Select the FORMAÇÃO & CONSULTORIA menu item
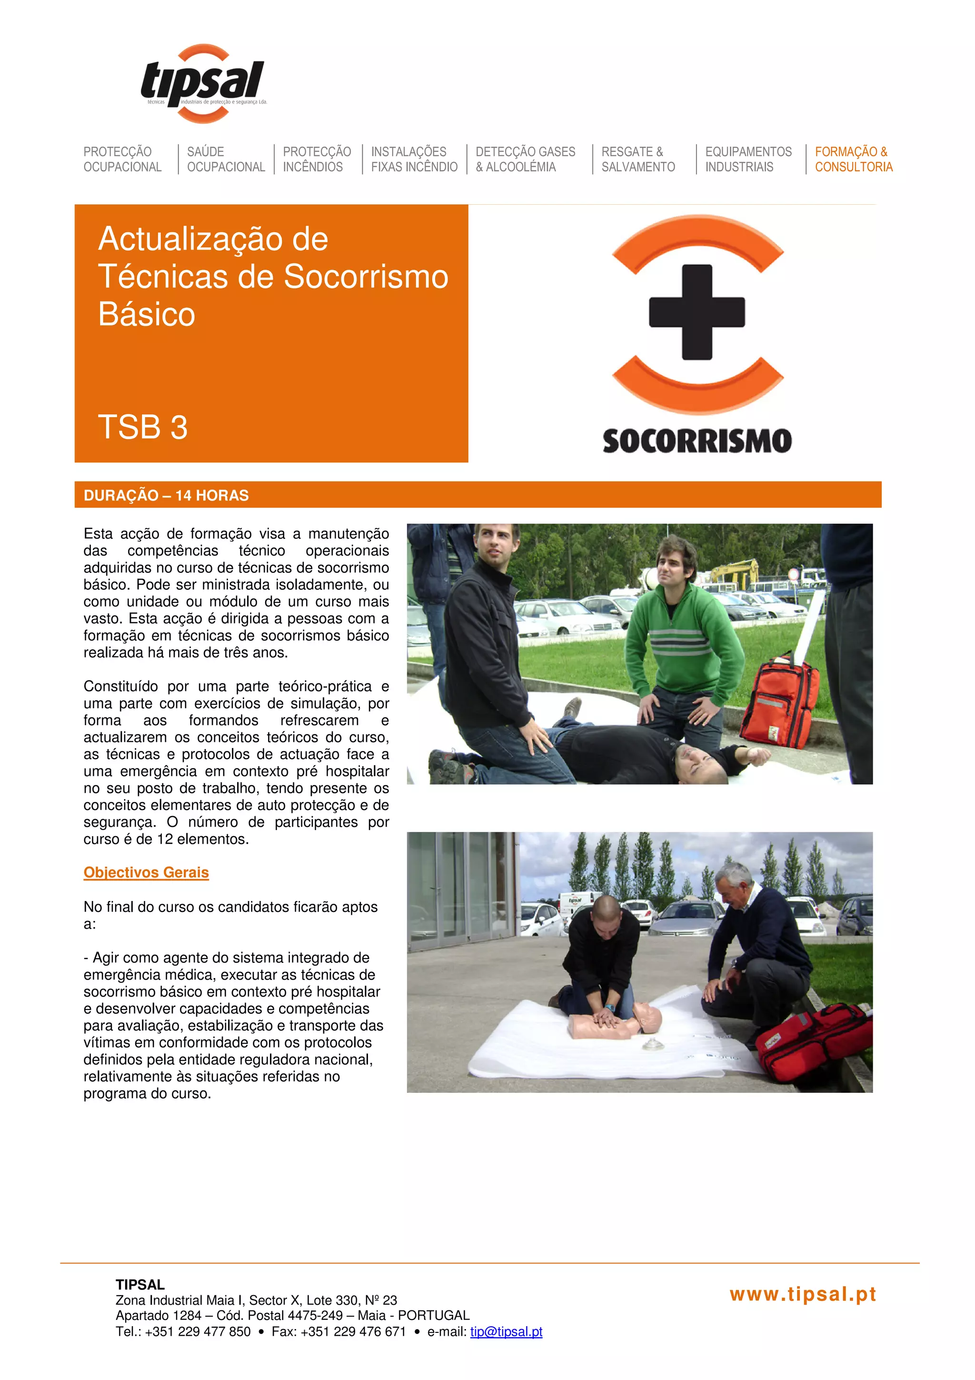(x=853, y=159)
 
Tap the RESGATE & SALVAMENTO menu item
(x=637, y=159)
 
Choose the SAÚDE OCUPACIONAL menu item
(x=225, y=159)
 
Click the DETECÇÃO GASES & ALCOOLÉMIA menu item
(x=525, y=159)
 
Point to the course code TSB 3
(x=143, y=427)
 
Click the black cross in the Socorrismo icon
(x=697, y=312)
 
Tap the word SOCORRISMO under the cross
(x=697, y=441)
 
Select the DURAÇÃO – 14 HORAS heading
(x=167, y=495)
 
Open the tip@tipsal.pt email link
(x=506, y=1331)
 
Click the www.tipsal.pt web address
(x=803, y=1294)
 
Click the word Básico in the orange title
(x=147, y=314)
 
